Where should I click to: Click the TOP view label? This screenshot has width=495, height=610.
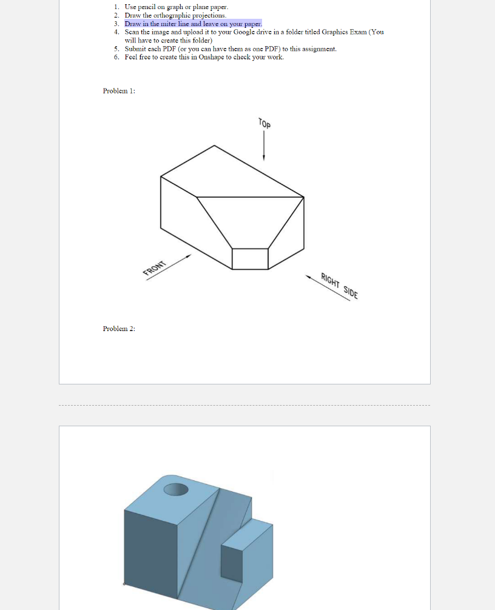[264, 123]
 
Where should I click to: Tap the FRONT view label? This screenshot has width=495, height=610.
[154, 267]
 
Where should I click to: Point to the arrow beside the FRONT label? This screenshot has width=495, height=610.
[180, 261]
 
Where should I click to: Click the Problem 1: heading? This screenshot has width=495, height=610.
[119, 91]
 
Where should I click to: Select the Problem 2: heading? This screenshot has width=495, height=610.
[119, 329]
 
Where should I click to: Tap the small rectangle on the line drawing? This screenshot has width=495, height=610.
[250, 258]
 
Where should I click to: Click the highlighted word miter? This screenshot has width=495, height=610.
[163, 23]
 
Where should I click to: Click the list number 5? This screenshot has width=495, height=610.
[115, 49]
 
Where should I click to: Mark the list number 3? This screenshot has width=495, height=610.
[115, 23]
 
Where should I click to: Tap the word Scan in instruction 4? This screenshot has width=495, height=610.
[132, 32]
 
